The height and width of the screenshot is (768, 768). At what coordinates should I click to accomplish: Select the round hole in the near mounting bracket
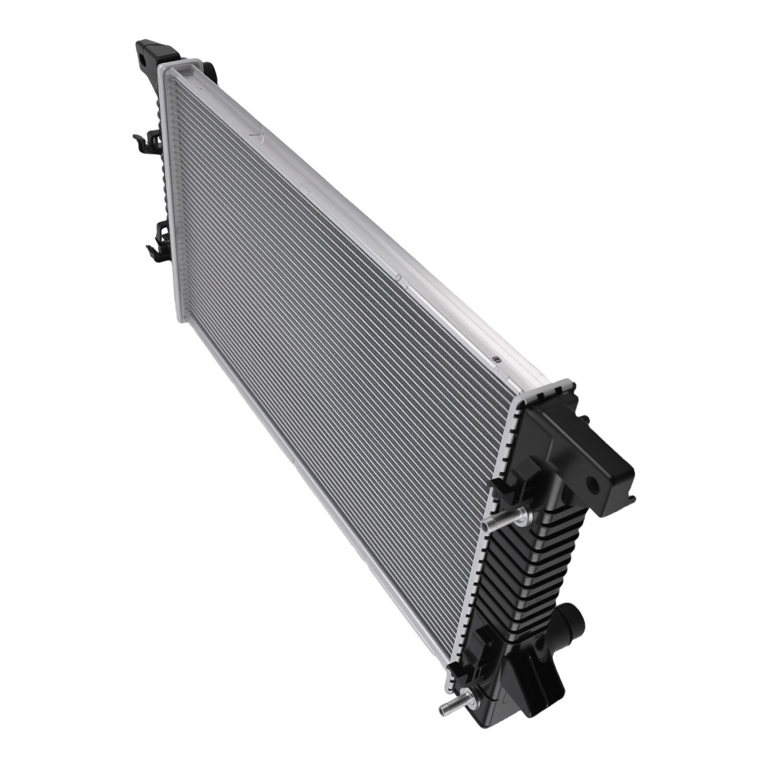tap(592, 485)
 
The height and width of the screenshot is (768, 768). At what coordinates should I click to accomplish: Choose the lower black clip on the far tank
tap(159, 241)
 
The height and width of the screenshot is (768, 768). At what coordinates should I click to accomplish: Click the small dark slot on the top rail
tap(496, 358)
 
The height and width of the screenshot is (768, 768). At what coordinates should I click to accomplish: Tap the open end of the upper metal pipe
tap(486, 525)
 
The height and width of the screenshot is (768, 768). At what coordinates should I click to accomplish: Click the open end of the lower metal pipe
tap(443, 709)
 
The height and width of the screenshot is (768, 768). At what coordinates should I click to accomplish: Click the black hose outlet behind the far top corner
tap(209, 71)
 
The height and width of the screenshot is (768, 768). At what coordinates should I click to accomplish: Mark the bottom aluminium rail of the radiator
tap(307, 476)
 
